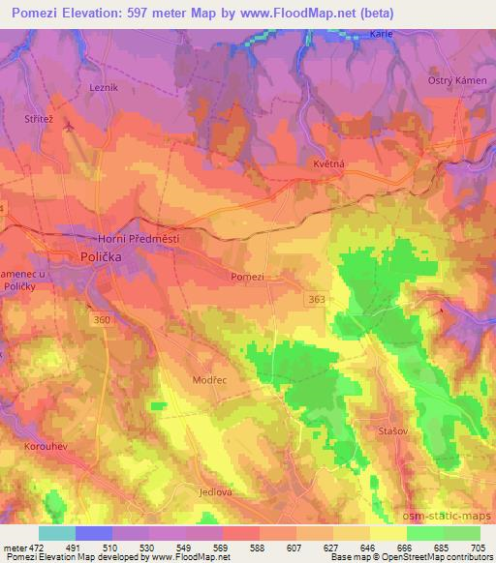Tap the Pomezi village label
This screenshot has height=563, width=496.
247,276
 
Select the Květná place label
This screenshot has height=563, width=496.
328,164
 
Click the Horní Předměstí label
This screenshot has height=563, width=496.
139,238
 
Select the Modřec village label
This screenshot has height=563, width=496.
210,380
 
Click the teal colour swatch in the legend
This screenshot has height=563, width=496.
56,533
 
